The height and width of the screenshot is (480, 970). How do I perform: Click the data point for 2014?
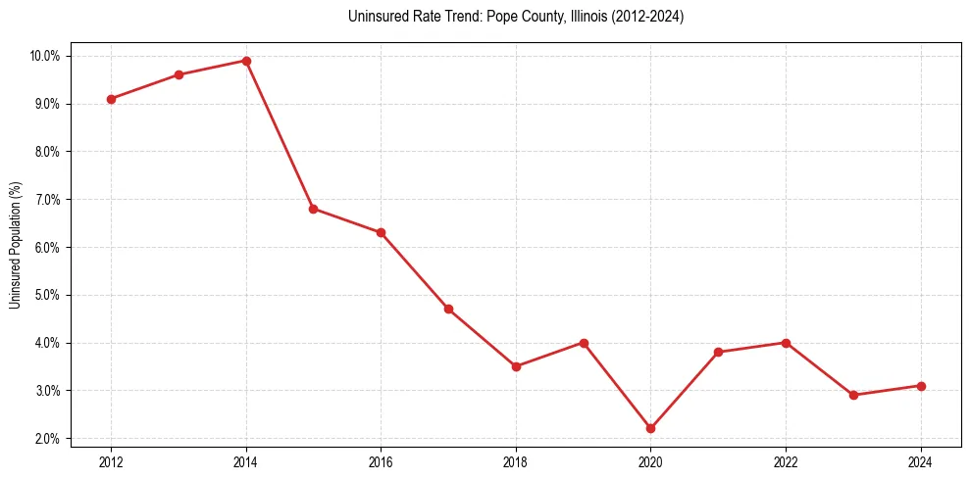(x=246, y=61)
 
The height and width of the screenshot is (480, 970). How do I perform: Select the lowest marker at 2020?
(x=651, y=428)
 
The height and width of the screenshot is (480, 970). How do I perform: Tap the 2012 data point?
(x=111, y=99)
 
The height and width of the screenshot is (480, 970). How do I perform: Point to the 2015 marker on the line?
(x=314, y=209)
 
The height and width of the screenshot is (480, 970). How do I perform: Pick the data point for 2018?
(x=516, y=366)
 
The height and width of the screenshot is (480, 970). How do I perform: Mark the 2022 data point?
(x=786, y=343)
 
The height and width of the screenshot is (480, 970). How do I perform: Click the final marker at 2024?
(x=921, y=386)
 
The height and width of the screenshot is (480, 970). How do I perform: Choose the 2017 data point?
(x=448, y=309)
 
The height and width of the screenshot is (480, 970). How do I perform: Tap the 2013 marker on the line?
(x=179, y=74)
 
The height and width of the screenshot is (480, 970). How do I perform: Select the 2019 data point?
(x=584, y=343)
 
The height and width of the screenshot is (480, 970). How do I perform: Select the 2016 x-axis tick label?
(x=381, y=461)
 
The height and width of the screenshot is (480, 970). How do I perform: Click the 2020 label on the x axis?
(x=651, y=461)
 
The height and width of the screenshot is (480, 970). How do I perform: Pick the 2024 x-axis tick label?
(x=921, y=461)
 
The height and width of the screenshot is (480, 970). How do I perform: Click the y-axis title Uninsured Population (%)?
(x=15, y=246)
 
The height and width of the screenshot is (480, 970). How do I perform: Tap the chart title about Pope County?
(x=515, y=17)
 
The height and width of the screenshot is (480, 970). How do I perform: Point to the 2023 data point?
(x=853, y=395)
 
